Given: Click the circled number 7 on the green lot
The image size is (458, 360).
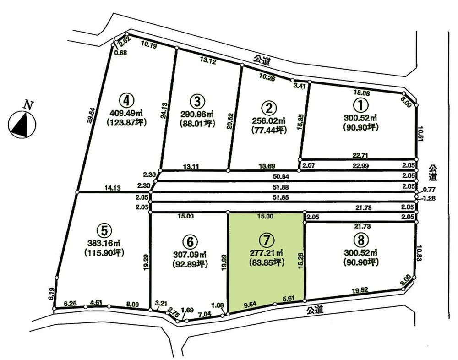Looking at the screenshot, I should [x=266, y=239].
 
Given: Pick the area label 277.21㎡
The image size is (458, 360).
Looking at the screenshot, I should [x=266, y=252].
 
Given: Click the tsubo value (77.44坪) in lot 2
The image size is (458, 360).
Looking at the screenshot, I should [x=269, y=130].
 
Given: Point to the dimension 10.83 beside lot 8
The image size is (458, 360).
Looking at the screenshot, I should [x=420, y=254].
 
